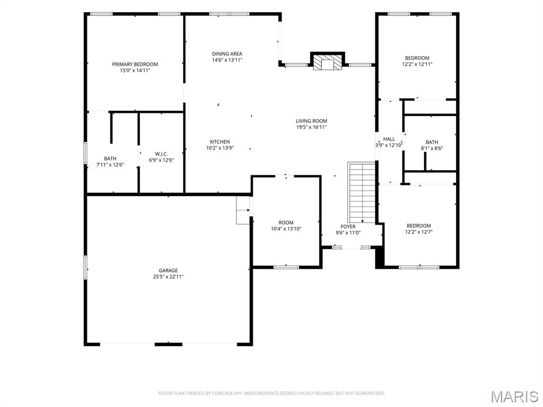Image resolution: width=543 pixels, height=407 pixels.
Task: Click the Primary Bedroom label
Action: [x=135, y=64]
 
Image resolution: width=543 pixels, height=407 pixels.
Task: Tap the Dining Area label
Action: [x=227, y=54]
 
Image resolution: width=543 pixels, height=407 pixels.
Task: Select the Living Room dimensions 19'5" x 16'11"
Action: [x=311, y=127]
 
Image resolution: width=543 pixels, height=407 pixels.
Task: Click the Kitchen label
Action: [x=220, y=141]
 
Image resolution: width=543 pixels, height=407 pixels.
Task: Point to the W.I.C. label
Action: [x=161, y=154]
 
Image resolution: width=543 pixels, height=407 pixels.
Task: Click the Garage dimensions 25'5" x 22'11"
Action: [x=168, y=277]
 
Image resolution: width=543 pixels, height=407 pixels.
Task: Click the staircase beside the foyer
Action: [x=362, y=193]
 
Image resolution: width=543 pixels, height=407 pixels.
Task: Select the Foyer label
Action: [x=348, y=227]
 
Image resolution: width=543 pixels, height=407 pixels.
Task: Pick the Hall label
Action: [x=389, y=139]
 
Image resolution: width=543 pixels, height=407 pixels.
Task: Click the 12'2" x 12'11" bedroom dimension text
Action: [x=417, y=64]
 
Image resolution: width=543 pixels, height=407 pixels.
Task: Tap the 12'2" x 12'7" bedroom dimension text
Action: [x=419, y=232]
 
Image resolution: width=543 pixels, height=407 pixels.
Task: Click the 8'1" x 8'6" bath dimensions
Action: [x=432, y=148]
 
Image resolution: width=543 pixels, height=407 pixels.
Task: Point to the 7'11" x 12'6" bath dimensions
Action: [x=110, y=165]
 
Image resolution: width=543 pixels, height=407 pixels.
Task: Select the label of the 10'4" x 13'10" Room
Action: [x=286, y=223]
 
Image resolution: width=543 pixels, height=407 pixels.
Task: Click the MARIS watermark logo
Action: [x=514, y=396]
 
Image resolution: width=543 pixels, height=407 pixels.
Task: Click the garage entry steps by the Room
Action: [x=243, y=210]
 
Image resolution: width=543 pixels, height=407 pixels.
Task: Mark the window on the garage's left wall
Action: [x=85, y=268]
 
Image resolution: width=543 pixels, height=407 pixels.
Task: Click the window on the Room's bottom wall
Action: [x=286, y=267]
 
